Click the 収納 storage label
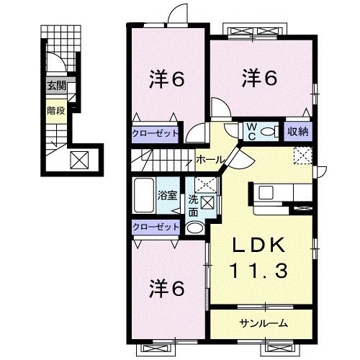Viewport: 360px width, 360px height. (297, 131)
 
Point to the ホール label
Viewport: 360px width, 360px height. (209, 158)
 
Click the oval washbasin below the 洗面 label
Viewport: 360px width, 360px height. (195, 228)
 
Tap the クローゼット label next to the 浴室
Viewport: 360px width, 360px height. (155, 227)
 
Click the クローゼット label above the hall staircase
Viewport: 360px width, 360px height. (155, 132)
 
